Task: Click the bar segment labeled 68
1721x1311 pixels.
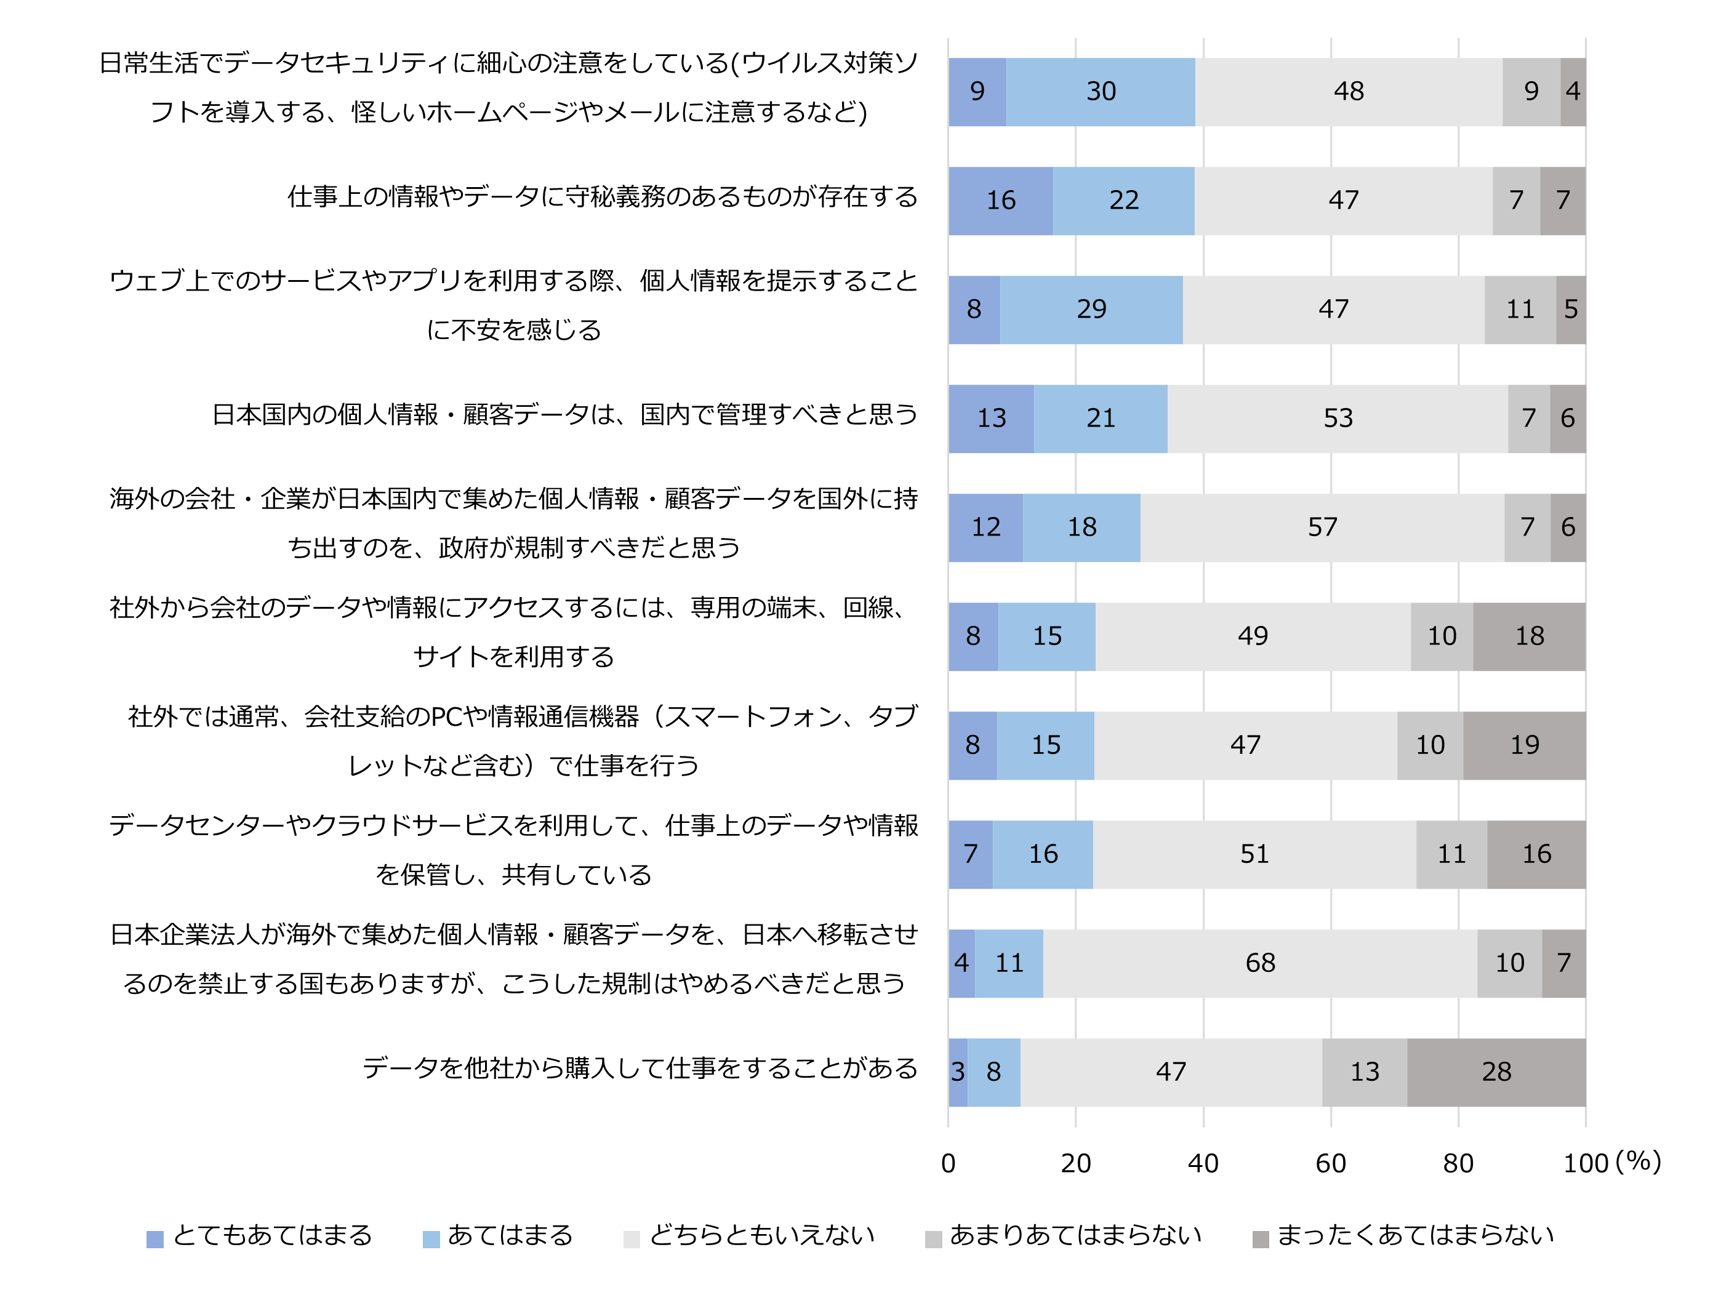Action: (1260, 963)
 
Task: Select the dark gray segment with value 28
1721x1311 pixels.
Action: (1496, 1072)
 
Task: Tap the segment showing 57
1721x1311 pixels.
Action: (1322, 527)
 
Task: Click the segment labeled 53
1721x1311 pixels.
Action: (1338, 419)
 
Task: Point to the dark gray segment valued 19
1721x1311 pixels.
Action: (1524, 745)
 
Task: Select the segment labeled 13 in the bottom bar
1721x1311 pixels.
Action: (1365, 1072)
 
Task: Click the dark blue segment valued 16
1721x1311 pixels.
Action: (1001, 201)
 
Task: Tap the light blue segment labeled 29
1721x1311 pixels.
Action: (1091, 310)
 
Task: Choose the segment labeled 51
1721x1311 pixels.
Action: (1254, 854)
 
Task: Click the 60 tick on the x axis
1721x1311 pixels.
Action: (1331, 1163)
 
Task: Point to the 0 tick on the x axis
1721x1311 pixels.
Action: (949, 1163)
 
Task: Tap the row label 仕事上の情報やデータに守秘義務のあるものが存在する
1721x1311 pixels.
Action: (603, 197)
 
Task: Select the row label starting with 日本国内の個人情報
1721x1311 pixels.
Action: (564, 414)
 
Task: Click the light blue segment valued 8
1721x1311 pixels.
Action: (993, 1072)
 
